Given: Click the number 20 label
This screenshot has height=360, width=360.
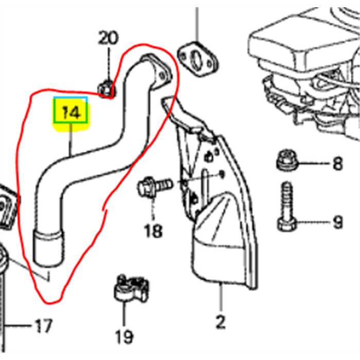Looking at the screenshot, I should pyautogui.click(x=109, y=39).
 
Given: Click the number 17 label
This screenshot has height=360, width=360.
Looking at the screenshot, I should pyautogui.click(x=43, y=326).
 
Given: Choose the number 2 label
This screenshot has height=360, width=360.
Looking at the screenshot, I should pyautogui.click(x=220, y=322).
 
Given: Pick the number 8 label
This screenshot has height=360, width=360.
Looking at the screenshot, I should pyautogui.click(x=337, y=164).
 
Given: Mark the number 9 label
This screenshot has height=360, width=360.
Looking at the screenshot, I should pyautogui.click(x=337, y=223).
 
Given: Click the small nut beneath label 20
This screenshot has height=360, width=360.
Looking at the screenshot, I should pyautogui.click(x=106, y=88).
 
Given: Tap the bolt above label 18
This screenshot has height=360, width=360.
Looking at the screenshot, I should pyautogui.click(x=153, y=186).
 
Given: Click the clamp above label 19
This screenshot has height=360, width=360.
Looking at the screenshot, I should pyautogui.click(x=130, y=289).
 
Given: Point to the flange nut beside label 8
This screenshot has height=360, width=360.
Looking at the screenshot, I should pyautogui.click(x=286, y=160).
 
